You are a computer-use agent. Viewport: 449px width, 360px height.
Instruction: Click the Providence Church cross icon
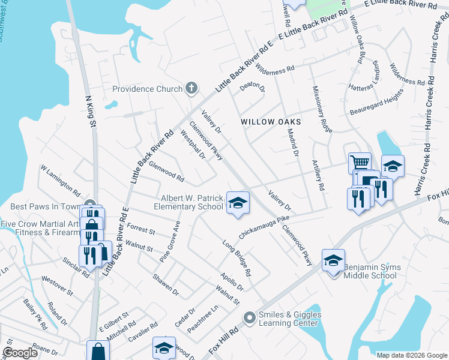tap(191, 89)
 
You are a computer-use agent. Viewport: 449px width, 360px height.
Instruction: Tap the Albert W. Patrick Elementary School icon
tap(238, 202)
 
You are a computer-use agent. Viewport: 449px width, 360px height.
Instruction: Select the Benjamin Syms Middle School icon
tap(333, 260)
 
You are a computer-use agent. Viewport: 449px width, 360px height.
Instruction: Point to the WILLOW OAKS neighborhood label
tap(270, 121)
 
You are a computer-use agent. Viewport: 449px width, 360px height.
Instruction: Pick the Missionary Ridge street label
tap(322, 109)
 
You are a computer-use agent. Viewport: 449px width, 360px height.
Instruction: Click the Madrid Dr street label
tap(292, 143)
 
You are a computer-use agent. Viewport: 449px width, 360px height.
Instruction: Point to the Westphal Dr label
tap(193, 145)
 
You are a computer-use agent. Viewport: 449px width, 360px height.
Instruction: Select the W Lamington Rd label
tap(60, 181)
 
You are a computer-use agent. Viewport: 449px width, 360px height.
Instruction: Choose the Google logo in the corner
tap(20, 353)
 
